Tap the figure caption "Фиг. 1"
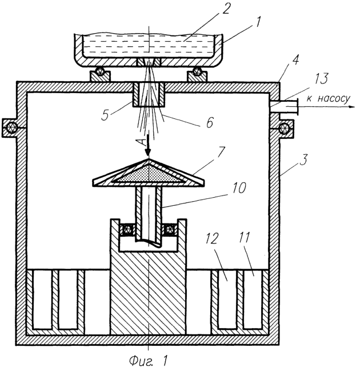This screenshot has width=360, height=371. tap(149, 360)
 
